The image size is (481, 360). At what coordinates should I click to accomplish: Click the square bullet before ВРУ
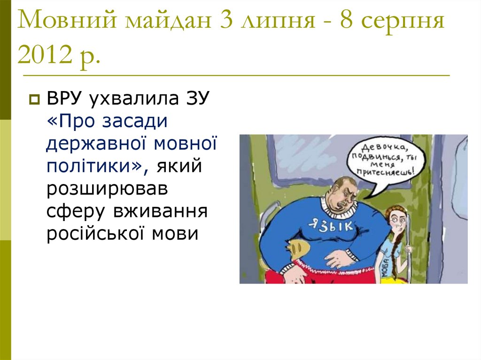click(x=34, y=100)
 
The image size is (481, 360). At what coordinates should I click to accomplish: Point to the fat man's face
click(x=342, y=192)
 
